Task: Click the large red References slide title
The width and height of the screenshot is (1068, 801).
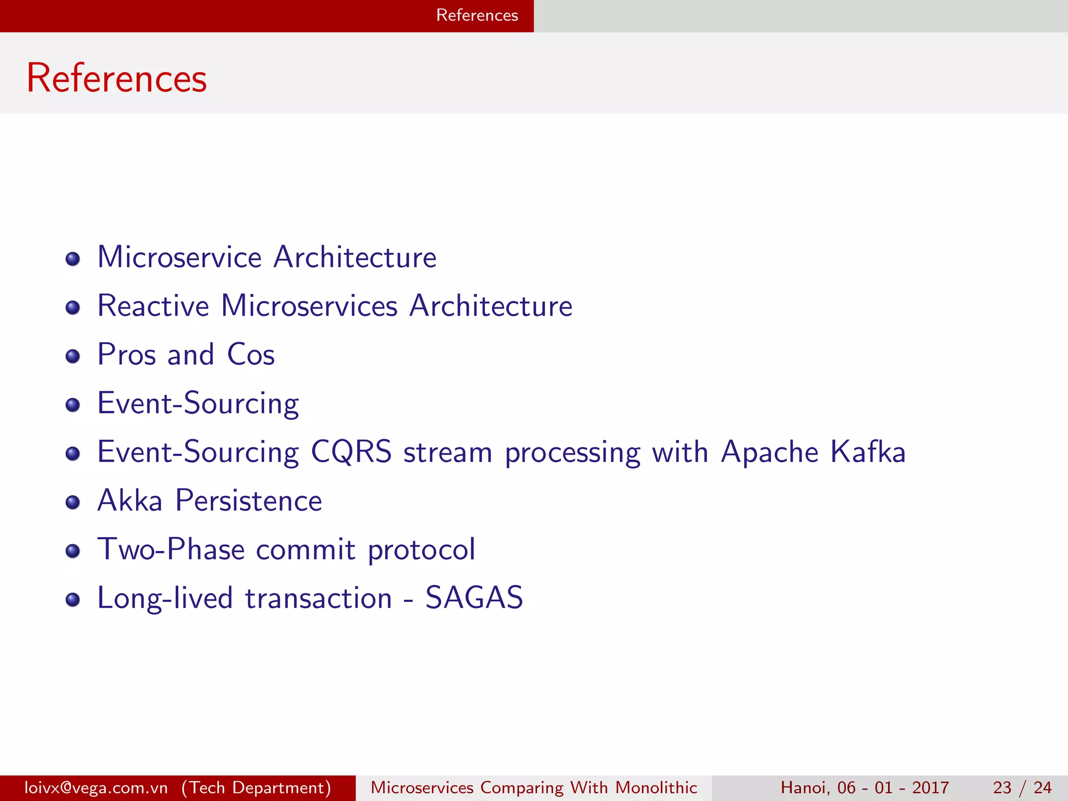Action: pos(117,78)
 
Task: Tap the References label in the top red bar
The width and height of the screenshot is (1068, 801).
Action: pos(477,15)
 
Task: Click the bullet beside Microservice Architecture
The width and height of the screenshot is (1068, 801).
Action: pos(73,259)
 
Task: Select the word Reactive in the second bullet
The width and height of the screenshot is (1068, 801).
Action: pos(153,306)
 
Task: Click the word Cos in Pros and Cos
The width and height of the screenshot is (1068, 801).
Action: pos(251,355)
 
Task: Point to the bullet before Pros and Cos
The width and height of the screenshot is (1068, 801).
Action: pos(73,357)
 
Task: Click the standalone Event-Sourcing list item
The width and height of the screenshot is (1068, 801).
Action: pos(198,403)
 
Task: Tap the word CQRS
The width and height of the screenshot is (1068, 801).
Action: pos(351,452)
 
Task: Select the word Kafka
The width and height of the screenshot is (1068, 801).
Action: pos(868,452)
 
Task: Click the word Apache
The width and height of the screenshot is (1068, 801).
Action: pos(769,452)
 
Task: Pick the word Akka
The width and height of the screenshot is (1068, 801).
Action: pos(130,501)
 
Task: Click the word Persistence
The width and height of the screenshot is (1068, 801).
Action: pos(249,501)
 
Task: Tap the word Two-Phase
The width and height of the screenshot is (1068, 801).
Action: pos(171,549)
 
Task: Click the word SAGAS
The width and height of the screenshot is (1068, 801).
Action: pos(474,598)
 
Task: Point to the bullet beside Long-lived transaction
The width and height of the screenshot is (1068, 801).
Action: pos(73,600)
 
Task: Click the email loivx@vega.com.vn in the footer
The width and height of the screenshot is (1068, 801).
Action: pos(96,787)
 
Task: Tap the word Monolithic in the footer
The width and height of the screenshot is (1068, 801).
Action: pos(656,787)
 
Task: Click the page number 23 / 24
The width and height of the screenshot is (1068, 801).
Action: pos(1022,787)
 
